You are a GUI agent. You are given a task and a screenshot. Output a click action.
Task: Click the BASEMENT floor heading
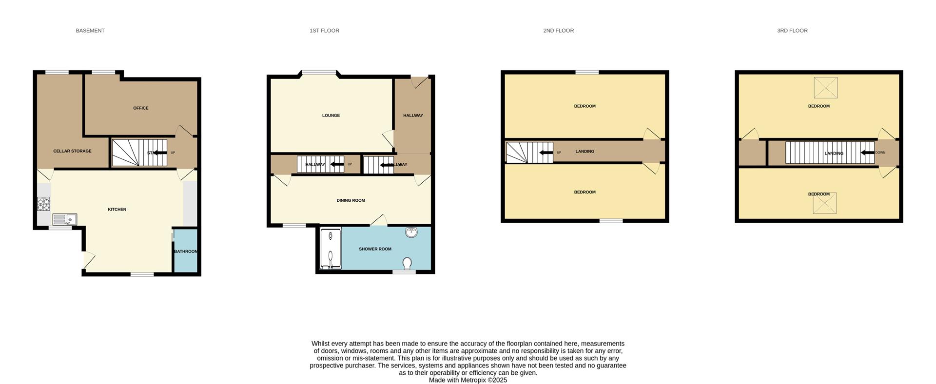(90, 31)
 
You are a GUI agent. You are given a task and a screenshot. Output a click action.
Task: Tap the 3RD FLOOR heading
(792, 31)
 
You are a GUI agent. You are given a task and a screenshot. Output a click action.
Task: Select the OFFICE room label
(141, 108)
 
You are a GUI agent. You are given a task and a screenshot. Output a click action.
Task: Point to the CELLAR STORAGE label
(72, 151)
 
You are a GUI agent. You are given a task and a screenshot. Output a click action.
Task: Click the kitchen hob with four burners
(43, 203)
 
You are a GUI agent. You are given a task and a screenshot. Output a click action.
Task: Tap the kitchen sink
(64, 220)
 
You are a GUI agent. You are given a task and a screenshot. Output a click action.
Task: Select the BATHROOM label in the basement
(186, 251)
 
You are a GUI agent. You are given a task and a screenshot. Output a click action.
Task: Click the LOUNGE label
(331, 115)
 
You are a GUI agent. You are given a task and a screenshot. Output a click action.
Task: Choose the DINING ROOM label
(351, 200)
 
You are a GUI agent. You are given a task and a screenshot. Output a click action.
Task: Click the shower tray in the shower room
(331, 249)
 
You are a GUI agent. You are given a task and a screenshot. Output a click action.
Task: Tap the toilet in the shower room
(408, 263)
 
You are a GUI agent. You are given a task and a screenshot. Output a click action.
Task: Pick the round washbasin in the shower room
(411, 232)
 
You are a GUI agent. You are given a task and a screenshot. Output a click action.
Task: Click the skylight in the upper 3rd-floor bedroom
(825, 88)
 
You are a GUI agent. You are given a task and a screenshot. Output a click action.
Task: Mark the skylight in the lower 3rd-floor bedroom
(824, 204)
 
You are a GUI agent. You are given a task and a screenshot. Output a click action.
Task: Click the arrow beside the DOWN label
(867, 153)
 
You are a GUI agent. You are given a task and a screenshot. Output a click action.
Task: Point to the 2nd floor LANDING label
(585, 152)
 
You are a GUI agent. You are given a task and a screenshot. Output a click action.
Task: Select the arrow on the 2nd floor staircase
(546, 153)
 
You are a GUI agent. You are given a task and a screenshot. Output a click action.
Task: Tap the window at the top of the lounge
(319, 73)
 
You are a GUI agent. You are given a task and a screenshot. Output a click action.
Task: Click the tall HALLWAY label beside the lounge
(413, 115)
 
